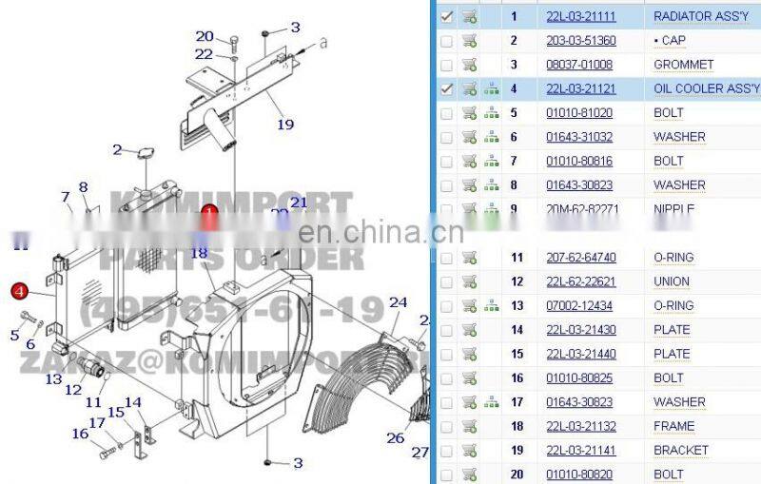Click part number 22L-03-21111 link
(580, 16)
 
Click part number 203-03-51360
(580, 41)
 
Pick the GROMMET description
(683, 65)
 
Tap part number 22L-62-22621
(580, 281)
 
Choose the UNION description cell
(672, 281)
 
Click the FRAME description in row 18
(673, 426)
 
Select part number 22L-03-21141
(579, 450)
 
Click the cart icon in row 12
(469, 281)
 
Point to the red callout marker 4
(19, 290)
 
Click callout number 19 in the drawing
(285, 124)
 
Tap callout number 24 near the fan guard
(398, 302)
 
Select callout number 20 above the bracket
(205, 36)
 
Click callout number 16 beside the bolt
(80, 434)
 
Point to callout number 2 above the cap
(117, 149)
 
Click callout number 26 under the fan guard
(395, 438)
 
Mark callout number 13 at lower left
(53, 379)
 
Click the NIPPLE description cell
(673, 209)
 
